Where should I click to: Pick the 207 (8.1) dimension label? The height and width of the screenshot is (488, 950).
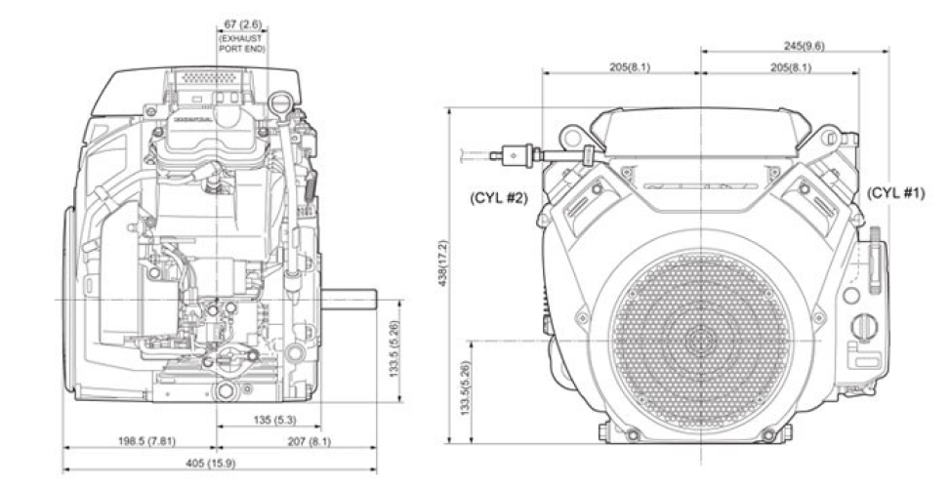point(306,441)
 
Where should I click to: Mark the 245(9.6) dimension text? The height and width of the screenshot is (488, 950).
point(792,44)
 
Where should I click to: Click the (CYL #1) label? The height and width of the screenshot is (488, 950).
point(894,193)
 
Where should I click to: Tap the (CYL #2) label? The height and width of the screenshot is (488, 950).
point(499,197)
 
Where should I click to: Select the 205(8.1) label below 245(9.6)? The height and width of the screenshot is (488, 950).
point(788,67)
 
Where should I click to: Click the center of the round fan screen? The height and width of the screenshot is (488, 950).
point(700,341)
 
